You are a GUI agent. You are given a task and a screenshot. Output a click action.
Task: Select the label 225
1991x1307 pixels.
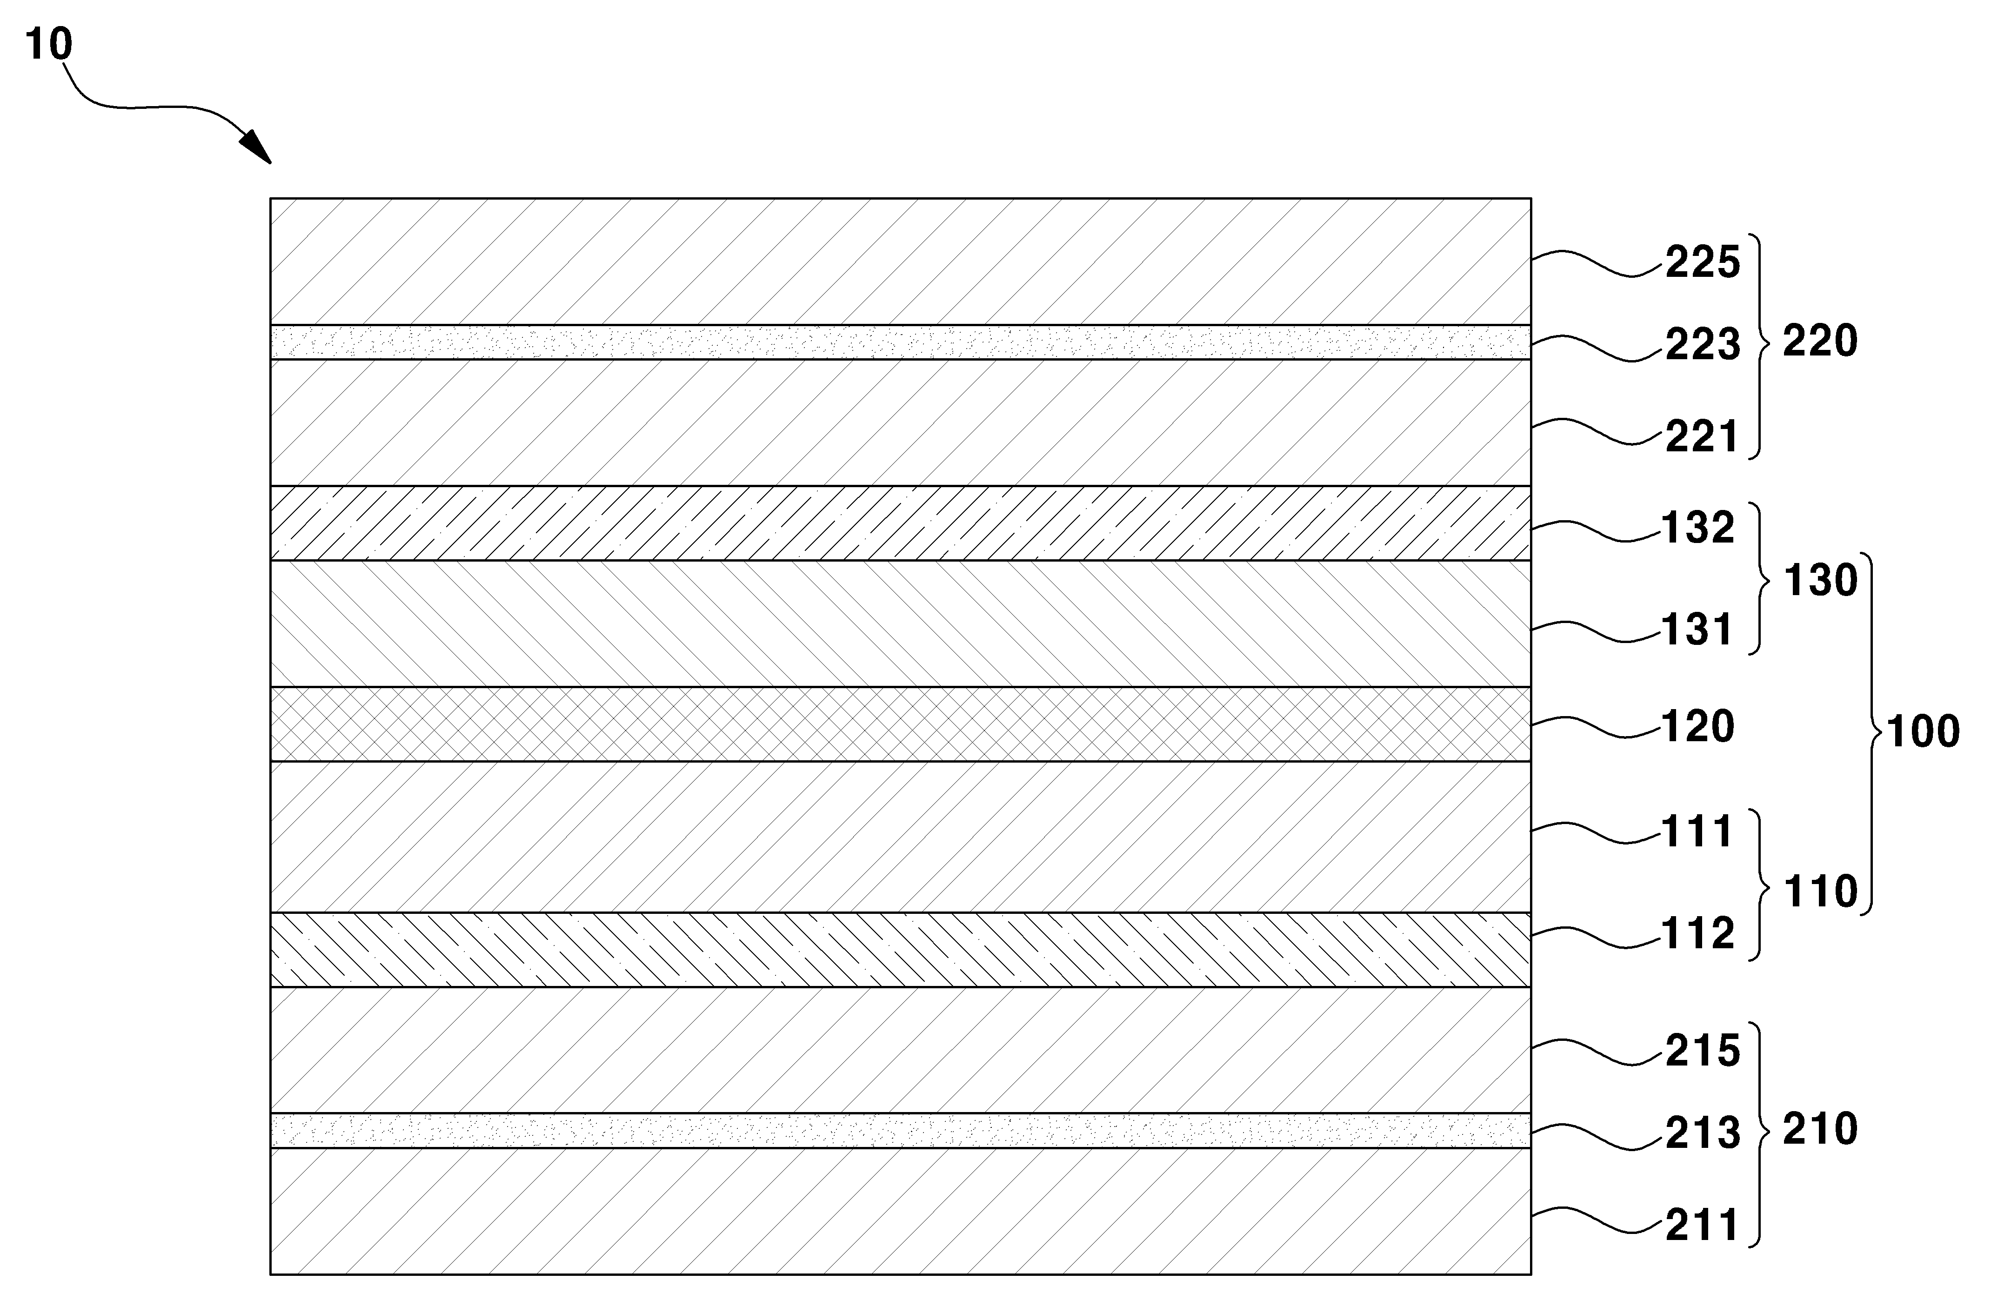[1703, 263]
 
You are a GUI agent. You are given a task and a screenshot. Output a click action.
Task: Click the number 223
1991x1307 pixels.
[1703, 345]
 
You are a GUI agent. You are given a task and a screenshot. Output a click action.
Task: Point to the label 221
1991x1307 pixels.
[1703, 437]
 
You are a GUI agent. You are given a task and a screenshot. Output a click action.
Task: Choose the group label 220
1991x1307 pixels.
[1819, 342]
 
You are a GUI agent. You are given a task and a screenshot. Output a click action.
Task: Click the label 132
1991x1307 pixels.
[1698, 528]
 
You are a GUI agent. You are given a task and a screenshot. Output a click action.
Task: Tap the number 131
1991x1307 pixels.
[1698, 630]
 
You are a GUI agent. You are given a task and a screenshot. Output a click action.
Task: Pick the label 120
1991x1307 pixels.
[1698, 726]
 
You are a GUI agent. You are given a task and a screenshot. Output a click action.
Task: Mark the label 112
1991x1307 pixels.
[1698, 934]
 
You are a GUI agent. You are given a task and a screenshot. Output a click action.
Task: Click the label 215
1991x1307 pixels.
[1703, 1051]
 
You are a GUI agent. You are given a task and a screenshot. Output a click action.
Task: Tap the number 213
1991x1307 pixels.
[1703, 1133]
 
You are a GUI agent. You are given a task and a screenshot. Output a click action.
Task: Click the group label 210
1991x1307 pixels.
[1819, 1130]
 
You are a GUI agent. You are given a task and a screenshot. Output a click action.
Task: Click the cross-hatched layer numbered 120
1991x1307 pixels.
[900, 724]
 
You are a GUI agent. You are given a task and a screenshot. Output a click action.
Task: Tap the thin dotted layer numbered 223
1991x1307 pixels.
[900, 342]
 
